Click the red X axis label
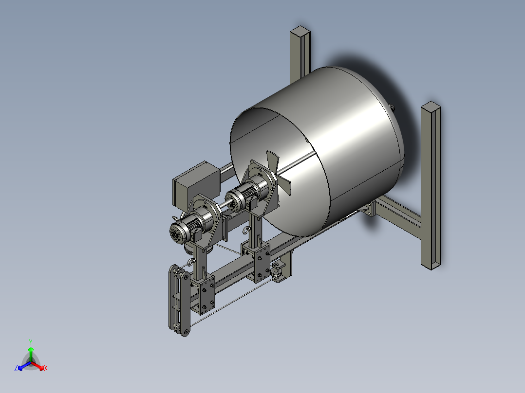coord(46,369)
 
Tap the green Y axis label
coord(30,341)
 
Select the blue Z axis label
coord(16,369)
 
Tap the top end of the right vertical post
coord(431,107)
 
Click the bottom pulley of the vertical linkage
coord(185,332)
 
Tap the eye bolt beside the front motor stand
coord(191,262)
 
